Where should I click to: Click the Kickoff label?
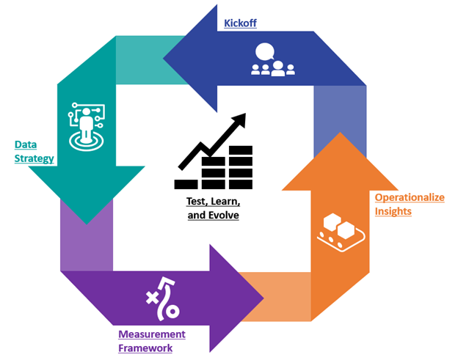pos(240,23)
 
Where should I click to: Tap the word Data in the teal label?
pos(26,144)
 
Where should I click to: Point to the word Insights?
pos(393,211)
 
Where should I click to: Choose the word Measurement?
pos(151,334)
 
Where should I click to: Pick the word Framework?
pos(145,348)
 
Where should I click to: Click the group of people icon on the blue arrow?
pos(272,69)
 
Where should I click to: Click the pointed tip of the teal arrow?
pos(87,222)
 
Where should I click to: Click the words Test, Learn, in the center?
pos(212,201)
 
